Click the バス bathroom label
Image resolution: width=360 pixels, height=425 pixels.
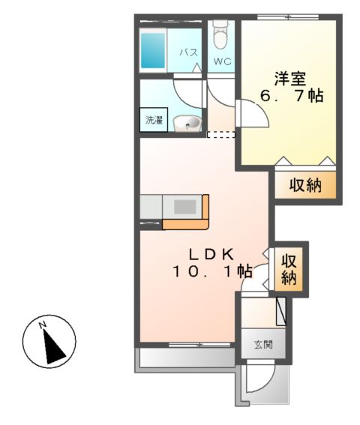(188, 52)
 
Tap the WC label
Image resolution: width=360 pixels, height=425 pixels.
(221, 61)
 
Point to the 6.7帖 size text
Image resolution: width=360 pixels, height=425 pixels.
(292, 97)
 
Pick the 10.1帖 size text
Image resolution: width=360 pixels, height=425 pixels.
(212, 271)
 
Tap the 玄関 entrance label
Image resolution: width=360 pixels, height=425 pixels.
(262, 346)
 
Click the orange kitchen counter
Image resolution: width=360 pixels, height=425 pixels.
(187, 223)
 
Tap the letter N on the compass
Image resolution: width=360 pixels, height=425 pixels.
(43, 325)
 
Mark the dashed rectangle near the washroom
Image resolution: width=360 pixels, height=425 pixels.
(220, 135)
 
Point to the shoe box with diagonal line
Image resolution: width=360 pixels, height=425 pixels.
(281, 311)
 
